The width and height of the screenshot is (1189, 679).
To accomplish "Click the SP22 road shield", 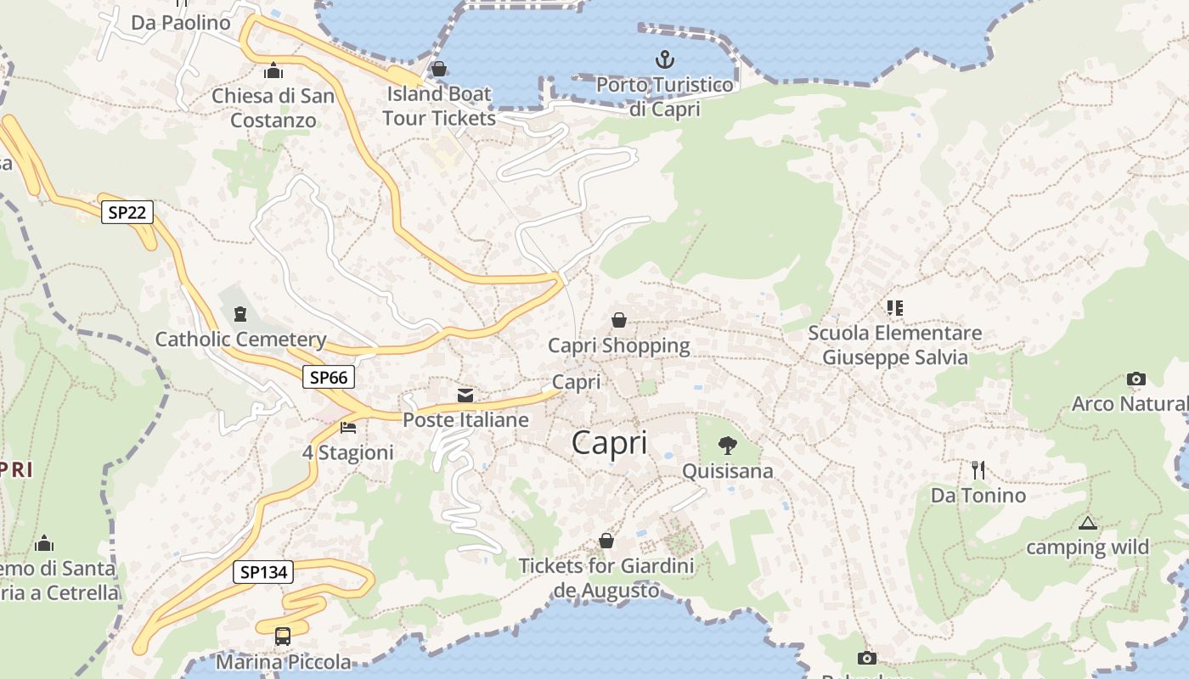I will point(127,212).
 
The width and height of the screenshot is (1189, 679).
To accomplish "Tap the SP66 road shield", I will point(329,377).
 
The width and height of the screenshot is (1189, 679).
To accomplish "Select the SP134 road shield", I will point(263,572).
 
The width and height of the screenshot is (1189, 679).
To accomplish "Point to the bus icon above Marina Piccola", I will point(283,636).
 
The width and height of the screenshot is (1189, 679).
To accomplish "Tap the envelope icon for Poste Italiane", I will point(465,396).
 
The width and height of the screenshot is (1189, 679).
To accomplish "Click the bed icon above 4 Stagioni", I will point(347,427).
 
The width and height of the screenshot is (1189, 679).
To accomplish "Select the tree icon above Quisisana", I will point(727,445).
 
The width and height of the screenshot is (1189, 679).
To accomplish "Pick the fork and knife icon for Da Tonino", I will point(978,469).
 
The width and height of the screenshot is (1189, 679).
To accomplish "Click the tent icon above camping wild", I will point(1087,523).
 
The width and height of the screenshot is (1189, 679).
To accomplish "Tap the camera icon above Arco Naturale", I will point(1135,379).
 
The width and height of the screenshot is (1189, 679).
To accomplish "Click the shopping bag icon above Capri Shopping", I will point(619,320).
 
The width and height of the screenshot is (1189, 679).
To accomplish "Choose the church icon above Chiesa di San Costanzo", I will point(273,70).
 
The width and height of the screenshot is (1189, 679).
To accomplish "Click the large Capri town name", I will point(609,443).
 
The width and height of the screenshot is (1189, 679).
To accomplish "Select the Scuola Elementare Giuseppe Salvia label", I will point(894,345).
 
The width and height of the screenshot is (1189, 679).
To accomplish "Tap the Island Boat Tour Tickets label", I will point(439,105).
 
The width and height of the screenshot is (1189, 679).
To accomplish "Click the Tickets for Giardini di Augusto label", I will point(606,578).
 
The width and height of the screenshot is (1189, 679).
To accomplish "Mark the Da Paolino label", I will point(181,23).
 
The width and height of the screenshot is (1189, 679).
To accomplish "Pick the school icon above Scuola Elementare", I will point(894,307).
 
